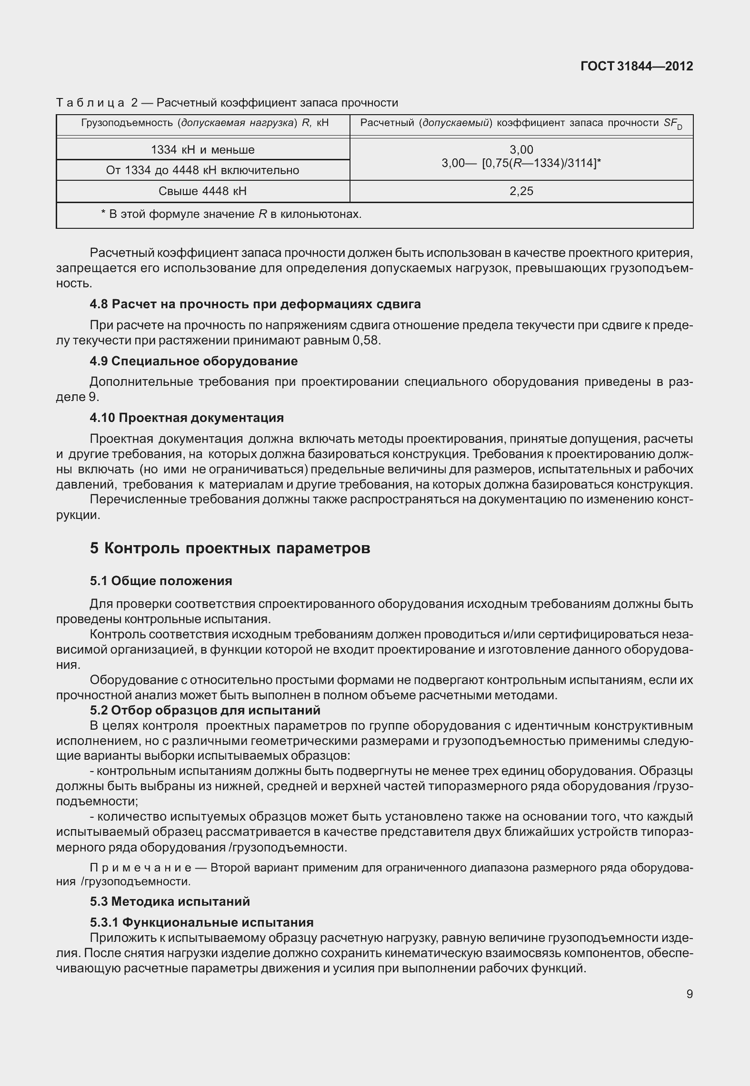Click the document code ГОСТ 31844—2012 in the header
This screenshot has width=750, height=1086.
[x=637, y=67]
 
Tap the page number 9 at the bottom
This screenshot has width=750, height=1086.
[x=690, y=994]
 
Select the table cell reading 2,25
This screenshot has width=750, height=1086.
[x=521, y=191]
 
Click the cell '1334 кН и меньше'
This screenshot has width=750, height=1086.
[x=202, y=150]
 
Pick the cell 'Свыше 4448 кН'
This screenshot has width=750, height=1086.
[x=202, y=191]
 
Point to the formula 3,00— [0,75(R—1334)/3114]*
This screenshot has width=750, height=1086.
[x=521, y=163]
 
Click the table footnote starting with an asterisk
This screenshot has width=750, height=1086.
[x=231, y=214]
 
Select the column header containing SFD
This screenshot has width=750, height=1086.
[x=521, y=124]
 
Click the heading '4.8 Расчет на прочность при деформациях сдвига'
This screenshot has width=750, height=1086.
[x=255, y=304]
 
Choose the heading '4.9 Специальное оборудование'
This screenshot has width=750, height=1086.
[x=194, y=361]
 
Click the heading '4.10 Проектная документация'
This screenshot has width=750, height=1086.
[x=187, y=418]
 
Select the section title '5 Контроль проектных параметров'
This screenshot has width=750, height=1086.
[x=230, y=548]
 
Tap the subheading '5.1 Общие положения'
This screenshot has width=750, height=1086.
[x=161, y=581]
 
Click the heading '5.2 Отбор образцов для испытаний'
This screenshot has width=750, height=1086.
[x=205, y=710]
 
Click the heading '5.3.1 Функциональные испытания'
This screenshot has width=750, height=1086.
[x=202, y=922]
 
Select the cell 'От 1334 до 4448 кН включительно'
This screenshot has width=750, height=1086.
[x=202, y=170]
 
